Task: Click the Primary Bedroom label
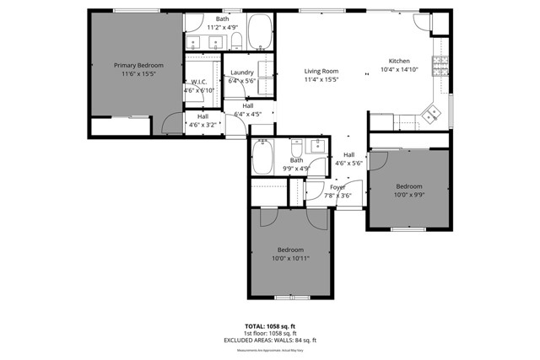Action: pos(138,65)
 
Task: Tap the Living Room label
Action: pos(321,71)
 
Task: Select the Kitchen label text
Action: pos(399,61)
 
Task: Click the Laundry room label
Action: pos(242,73)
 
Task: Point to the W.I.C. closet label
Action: pos(199,82)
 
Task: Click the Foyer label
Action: pos(337,187)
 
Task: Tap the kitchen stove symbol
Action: pos(440,64)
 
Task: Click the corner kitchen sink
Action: pos(431,114)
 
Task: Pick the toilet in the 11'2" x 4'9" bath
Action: pos(235,40)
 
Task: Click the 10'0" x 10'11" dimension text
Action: pos(290,258)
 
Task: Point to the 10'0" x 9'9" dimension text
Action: pos(409,194)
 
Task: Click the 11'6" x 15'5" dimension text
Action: pos(138,74)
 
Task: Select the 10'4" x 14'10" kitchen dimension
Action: pos(399,70)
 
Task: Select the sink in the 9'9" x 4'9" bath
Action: pos(318,146)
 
